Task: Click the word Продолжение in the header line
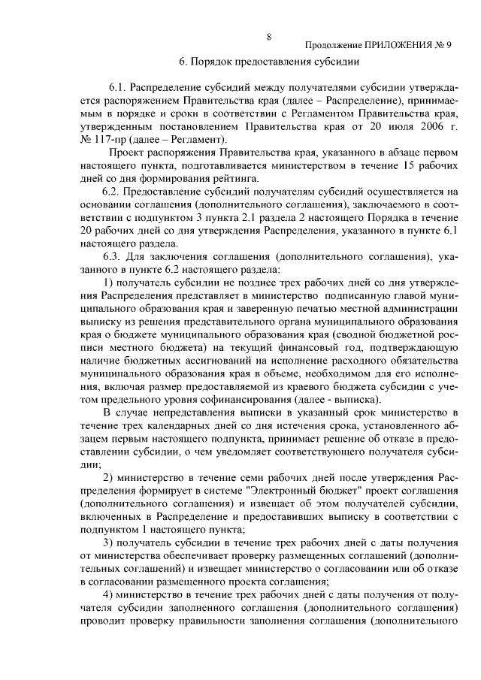(x=336, y=45)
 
